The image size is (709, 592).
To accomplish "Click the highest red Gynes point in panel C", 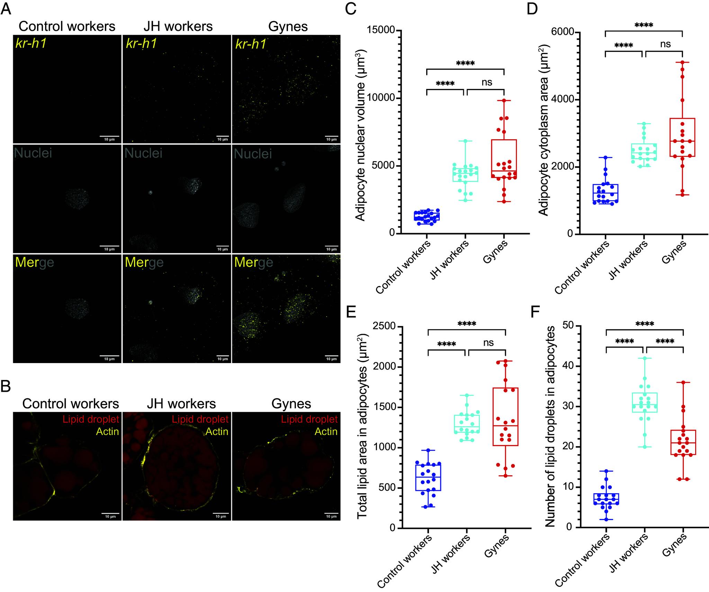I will coord(504,100).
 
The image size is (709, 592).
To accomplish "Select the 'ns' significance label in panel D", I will coord(665,44).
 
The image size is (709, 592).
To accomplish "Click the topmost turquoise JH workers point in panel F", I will coord(645,358).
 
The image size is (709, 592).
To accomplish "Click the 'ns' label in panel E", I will coord(488,343).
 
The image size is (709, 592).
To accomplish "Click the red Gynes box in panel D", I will coord(682,138).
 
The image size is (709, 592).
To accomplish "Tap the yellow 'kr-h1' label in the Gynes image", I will coord(251,44).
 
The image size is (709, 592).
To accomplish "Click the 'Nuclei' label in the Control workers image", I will coord(33,153).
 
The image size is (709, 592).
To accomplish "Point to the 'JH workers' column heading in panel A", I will coord(178,27).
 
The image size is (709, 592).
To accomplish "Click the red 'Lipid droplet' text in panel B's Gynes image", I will coord(309,419).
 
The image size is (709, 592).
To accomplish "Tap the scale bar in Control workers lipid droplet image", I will coord(110,513).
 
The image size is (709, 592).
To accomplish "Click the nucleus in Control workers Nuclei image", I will coord(77,199).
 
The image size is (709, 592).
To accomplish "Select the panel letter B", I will coord(6,387).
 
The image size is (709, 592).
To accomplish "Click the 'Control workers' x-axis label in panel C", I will coord(403,267).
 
